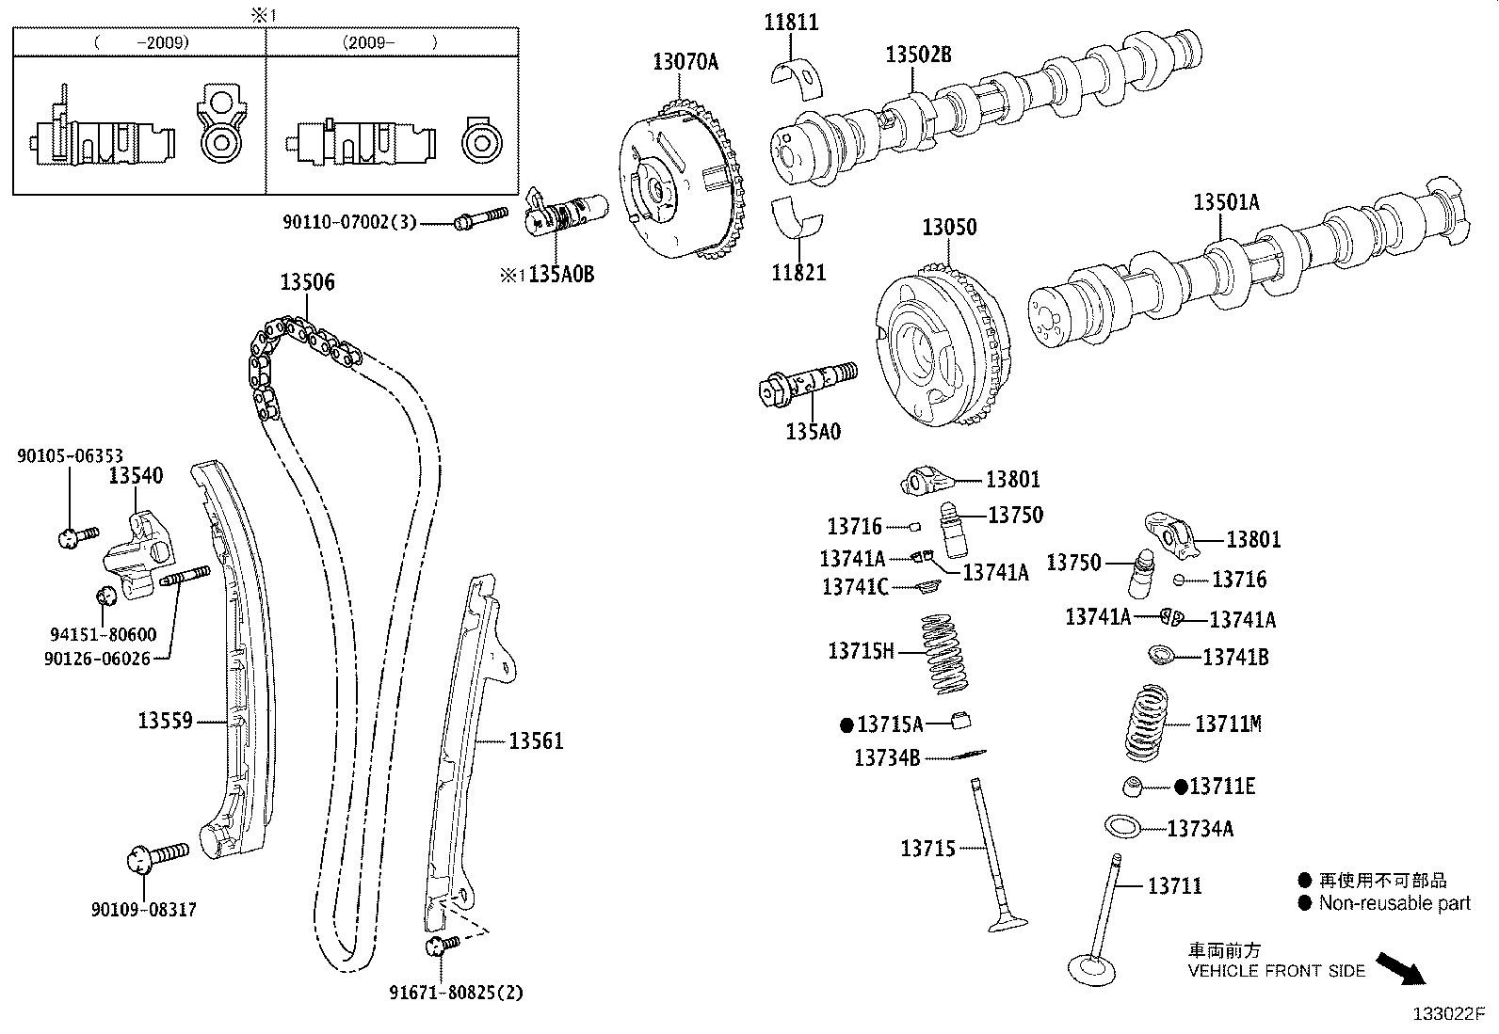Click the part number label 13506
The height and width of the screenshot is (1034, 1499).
(307, 282)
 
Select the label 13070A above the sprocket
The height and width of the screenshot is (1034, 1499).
(685, 62)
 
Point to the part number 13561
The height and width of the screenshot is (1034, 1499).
(536, 741)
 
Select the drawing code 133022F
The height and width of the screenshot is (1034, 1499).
(1447, 1014)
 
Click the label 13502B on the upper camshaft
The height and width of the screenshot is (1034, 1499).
(918, 56)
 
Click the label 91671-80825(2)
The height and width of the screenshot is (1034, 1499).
(456, 992)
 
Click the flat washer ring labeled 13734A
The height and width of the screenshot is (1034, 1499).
(1122, 827)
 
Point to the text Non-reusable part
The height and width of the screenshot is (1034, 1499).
(1394, 904)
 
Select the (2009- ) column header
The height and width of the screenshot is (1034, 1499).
(391, 42)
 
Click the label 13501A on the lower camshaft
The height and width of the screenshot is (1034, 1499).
(1226, 202)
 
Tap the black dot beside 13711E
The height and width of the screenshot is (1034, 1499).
(1181, 787)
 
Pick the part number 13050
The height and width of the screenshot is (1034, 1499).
(948, 228)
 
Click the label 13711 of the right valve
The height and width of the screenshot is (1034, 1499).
(1174, 886)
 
